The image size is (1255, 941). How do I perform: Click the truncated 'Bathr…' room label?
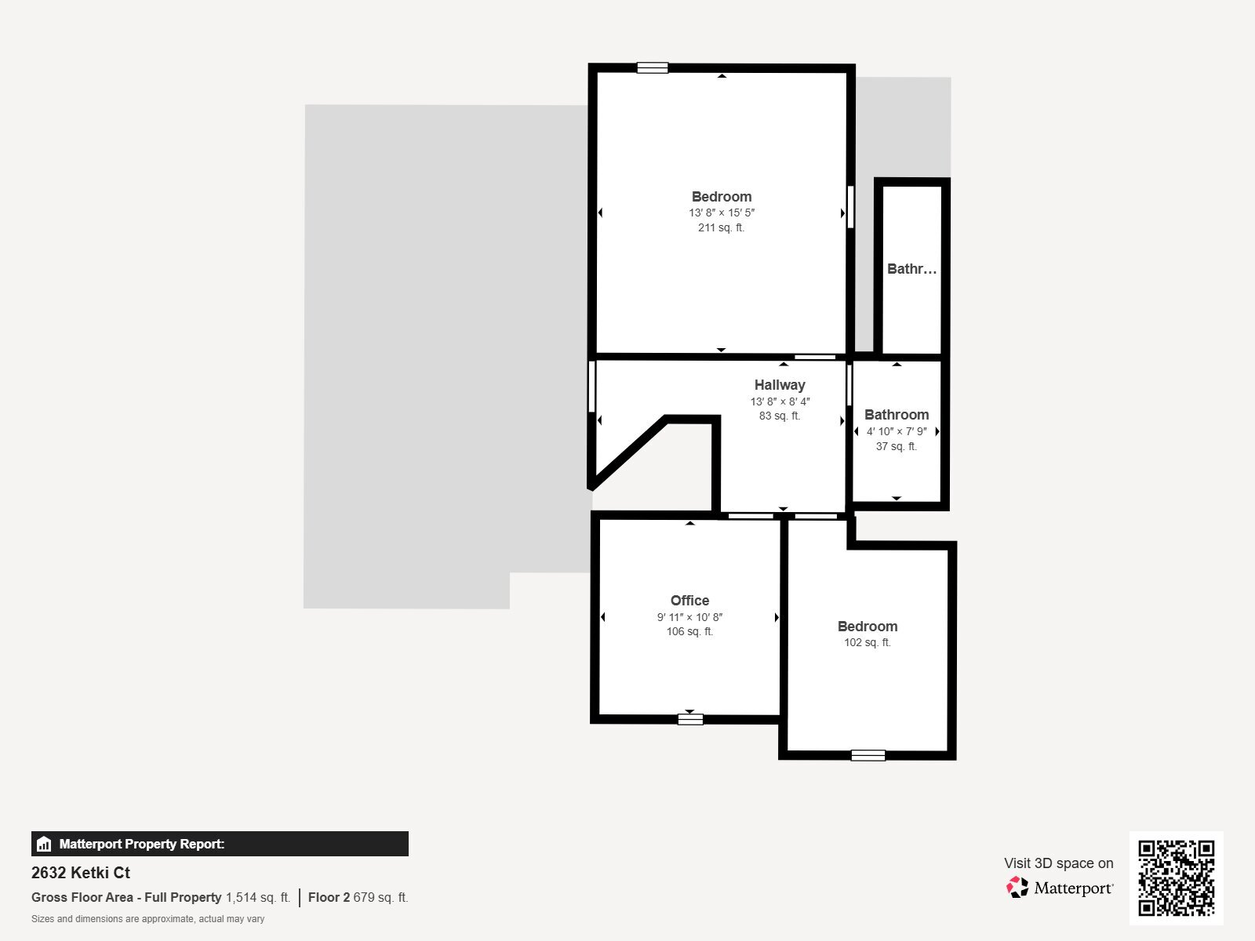[x=911, y=269]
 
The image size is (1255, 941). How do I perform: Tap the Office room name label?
[x=689, y=601]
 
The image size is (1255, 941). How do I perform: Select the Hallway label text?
[x=780, y=385]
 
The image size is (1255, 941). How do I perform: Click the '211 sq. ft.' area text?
[x=721, y=228]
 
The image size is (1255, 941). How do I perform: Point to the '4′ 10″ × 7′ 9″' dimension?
[x=897, y=431]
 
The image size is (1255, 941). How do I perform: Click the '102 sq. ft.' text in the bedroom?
[x=867, y=642]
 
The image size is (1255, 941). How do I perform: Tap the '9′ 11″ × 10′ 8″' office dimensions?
[x=689, y=617]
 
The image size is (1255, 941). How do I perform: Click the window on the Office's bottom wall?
[x=690, y=718]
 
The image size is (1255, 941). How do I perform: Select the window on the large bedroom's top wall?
[x=652, y=68]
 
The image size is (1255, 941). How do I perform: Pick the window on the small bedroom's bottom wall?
[x=868, y=755]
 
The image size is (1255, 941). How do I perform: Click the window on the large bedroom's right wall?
[x=850, y=206]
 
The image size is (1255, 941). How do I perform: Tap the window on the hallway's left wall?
[x=592, y=386]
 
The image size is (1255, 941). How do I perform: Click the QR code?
[x=1176, y=877]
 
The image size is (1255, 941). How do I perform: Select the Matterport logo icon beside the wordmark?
[x=1017, y=888]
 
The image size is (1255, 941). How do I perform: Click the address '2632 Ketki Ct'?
[x=81, y=873]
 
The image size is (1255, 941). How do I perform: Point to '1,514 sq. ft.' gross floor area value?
[x=258, y=897]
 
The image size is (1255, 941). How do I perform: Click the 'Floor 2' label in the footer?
[x=329, y=897]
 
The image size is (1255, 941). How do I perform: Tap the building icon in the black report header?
[x=44, y=845]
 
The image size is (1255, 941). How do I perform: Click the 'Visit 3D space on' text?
[x=1058, y=863]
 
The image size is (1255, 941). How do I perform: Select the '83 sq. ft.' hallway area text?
[x=780, y=416]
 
